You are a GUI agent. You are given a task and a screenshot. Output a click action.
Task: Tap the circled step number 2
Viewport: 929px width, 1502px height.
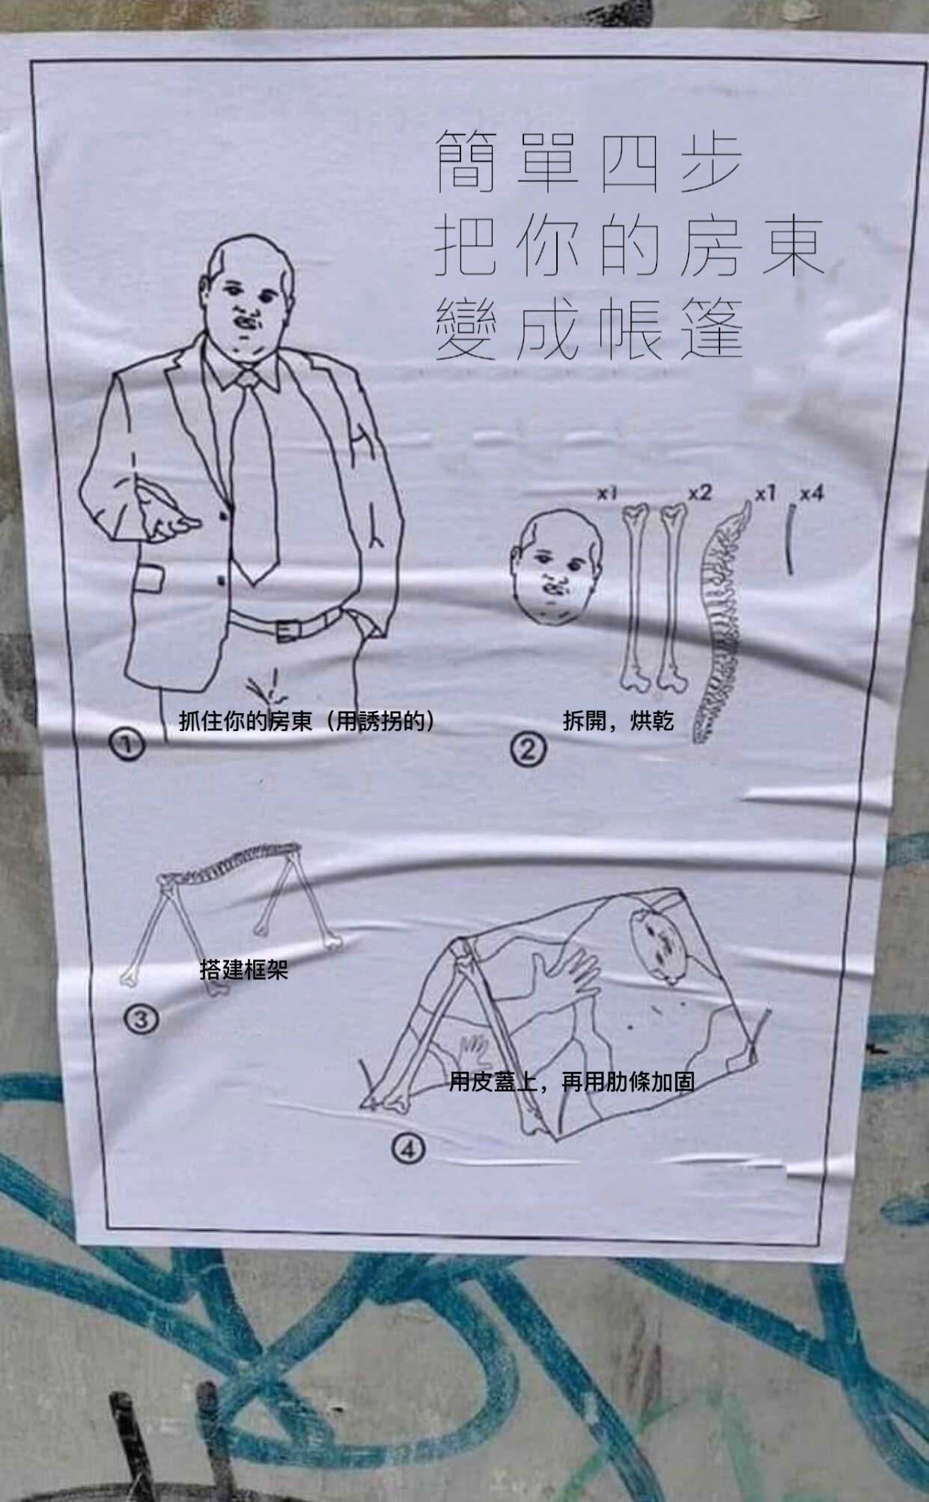coord(529,748)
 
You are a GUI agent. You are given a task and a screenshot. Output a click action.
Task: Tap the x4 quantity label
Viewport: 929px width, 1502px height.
coord(811,494)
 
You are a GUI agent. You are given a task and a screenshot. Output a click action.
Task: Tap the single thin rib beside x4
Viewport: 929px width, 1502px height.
coord(790,539)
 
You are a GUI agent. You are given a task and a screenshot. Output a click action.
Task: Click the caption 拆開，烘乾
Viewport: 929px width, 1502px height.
coord(618,721)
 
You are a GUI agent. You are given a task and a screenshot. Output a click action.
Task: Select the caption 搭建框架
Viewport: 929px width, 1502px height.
coord(244,970)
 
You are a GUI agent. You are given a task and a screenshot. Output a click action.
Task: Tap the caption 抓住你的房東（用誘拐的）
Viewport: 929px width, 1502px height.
coord(307,721)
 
